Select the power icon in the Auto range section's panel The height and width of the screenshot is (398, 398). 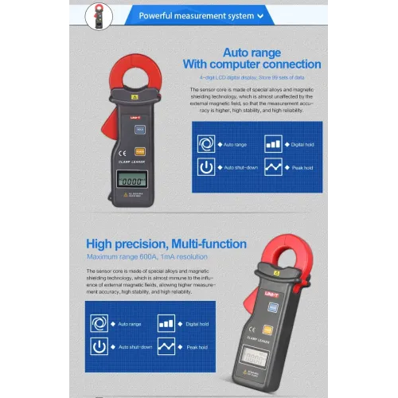tap(206, 168)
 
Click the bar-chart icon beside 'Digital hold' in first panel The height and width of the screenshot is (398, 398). tap(273, 145)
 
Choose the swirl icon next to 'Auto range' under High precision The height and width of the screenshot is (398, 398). tap(99, 324)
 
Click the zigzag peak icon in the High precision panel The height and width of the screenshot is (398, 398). tap(166, 347)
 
